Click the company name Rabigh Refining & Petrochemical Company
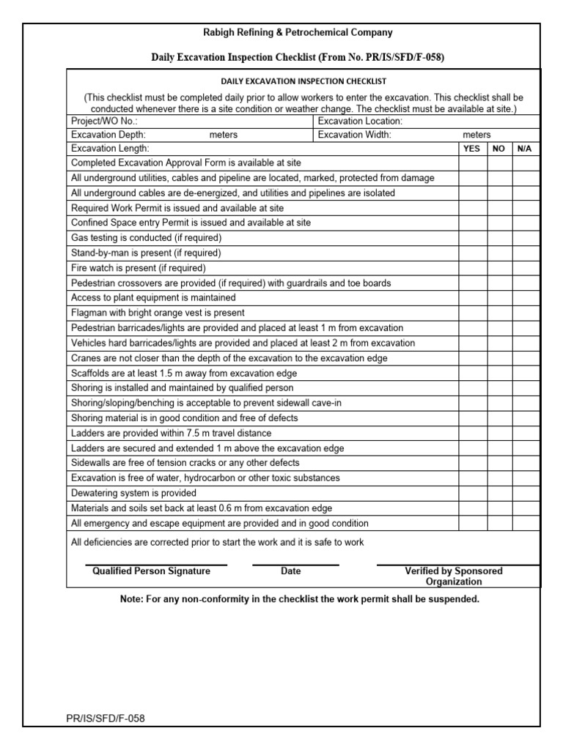(298, 32)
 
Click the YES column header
(473, 148)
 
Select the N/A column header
(525, 148)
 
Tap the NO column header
(498, 148)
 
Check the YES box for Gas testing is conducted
(473, 238)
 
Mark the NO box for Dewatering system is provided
(498, 493)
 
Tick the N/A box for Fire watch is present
(525, 268)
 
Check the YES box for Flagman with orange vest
(473, 313)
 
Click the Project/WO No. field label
(104, 121)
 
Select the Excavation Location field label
(360, 121)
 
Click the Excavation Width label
(355, 135)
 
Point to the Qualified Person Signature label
(151, 571)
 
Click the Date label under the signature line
(291, 571)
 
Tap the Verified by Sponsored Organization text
(454, 576)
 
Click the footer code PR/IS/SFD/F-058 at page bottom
(106, 719)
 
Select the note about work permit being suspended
(299, 599)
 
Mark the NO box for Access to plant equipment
(498, 298)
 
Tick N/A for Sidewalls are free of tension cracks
(525, 463)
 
